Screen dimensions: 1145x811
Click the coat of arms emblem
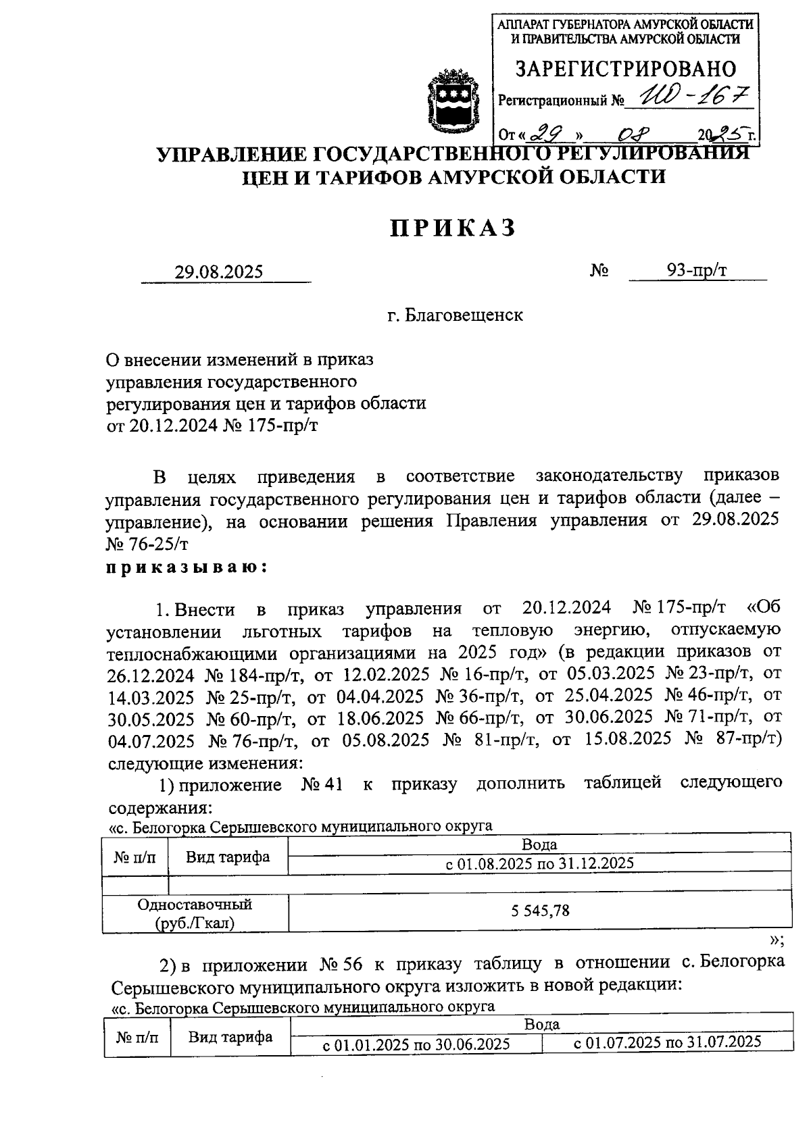(x=452, y=99)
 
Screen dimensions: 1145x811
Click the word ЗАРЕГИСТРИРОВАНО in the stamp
(x=626, y=69)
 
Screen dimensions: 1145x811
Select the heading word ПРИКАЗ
(x=453, y=228)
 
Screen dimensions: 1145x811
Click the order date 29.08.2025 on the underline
(x=218, y=272)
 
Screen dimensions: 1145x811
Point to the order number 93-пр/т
(x=697, y=271)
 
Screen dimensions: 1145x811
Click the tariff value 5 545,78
(x=540, y=911)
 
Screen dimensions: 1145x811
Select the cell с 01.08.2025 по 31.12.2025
(x=539, y=863)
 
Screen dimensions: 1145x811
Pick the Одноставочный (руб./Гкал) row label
(x=195, y=913)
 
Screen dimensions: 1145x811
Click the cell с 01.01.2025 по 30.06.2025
(x=416, y=1044)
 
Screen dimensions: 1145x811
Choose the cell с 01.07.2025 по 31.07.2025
(x=668, y=1042)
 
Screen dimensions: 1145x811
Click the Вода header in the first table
(x=539, y=844)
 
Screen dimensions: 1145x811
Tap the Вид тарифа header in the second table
(x=230, y=1037)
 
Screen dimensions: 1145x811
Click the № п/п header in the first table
(x=135, y=857)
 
